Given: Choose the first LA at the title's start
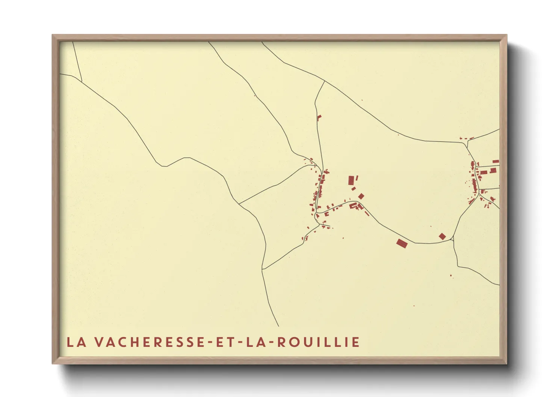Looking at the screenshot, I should [x=75, y=342].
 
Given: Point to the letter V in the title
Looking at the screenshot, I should [x=99, y=342].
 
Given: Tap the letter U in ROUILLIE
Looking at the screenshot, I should [x=307, y=342].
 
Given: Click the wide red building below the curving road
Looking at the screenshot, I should [x=402, y=243].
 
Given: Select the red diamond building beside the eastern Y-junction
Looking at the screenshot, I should [x=442, y=236].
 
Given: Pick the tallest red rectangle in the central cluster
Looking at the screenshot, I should [x=352, y=180].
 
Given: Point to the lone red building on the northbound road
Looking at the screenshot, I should [x=320, y=117].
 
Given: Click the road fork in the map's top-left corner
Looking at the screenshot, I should [x=82, y=80].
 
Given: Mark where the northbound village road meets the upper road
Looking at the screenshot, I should [x=324, y=81].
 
